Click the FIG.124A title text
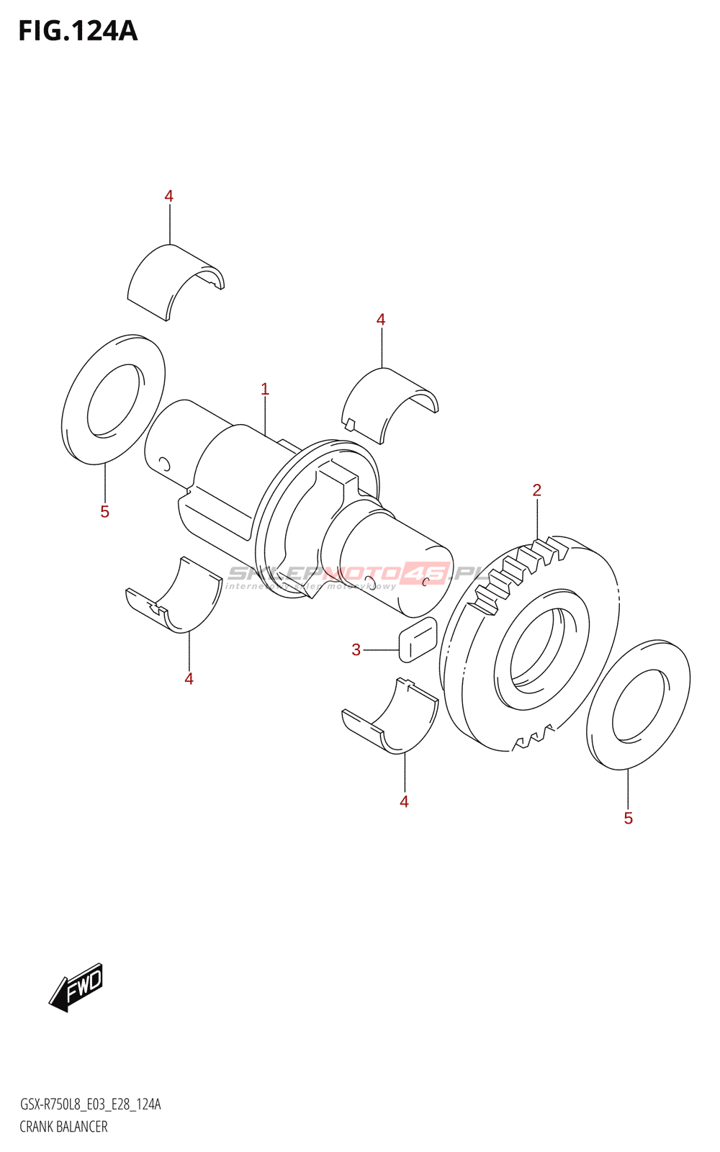tap(77, 31)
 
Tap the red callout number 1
tap(265, 390)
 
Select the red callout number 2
tap(536, 490)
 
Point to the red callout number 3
tap(356, 649)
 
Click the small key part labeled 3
tap(417, 639)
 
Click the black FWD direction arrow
tap(76, 987)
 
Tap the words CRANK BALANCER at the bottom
tap(63, 1127)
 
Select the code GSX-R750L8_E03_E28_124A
tap(90, 1104)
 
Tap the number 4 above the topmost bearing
tap(168, 196)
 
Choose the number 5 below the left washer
tap(104, 512)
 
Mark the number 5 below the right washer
tap(628, 819)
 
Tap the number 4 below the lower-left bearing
tap(189, 679)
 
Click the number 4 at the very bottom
tap(404, 801)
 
